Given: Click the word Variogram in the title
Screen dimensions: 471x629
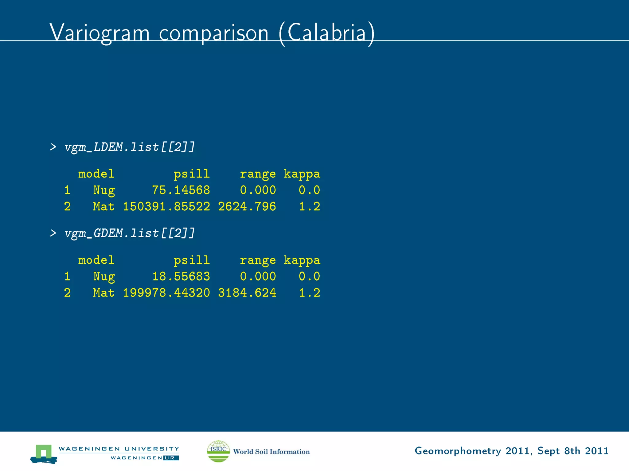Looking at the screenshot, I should (99, 33).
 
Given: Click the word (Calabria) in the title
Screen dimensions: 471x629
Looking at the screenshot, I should (327, 33).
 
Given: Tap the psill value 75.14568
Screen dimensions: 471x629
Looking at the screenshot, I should (181, 190).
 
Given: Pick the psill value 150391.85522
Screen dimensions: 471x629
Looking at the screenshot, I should (166, 206).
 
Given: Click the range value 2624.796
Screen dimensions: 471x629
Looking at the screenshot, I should (247, 206).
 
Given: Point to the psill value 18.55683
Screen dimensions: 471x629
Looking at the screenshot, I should (181, 276).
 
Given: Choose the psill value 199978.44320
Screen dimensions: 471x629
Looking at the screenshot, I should (166, 293).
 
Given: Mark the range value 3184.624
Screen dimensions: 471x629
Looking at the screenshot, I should (247, 293).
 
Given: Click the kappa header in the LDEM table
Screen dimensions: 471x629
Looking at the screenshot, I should (302, 174).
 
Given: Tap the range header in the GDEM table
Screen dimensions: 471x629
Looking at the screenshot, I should (258, 260).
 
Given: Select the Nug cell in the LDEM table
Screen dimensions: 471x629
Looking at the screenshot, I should (104, 190).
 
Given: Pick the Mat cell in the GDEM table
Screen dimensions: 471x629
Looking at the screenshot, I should (104, 293).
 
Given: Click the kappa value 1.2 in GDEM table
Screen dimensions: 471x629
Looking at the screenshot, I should (310, 293).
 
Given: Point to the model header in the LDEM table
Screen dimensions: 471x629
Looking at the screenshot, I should (96, 174).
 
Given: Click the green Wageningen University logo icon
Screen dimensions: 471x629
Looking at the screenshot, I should (44, 453).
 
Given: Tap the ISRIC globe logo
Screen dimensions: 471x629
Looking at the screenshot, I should (218, 451).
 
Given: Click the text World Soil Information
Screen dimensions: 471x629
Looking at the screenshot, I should (272, 451).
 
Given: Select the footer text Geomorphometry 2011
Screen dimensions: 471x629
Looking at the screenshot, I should (473, 451).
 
